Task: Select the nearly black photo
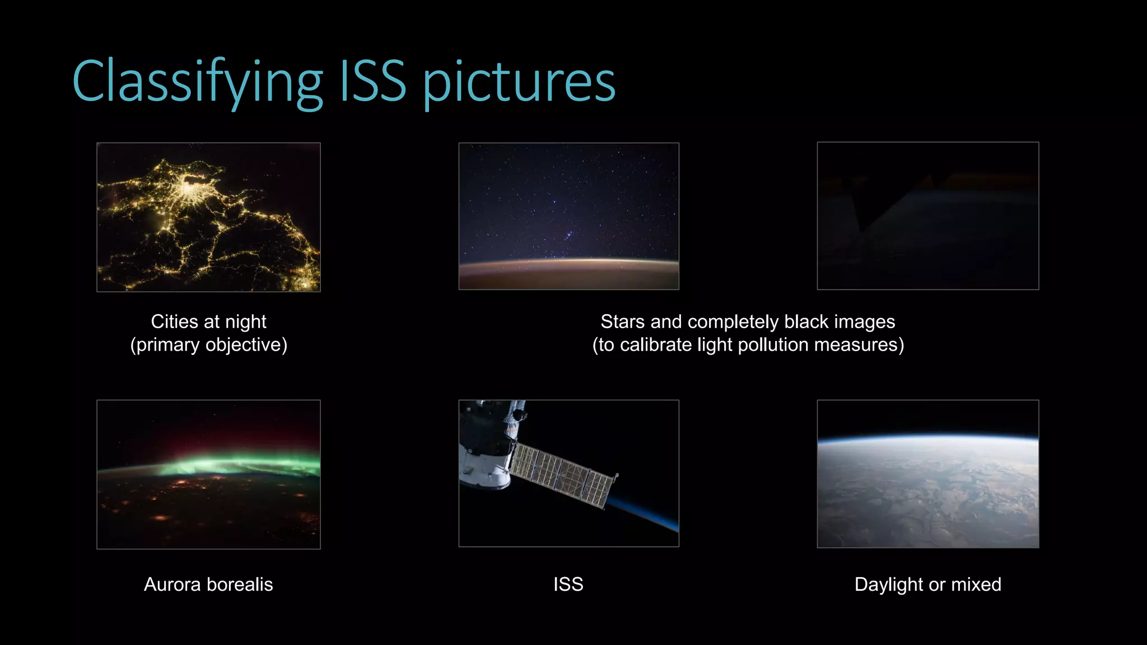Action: [927, 216]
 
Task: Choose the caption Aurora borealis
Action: [208, 585]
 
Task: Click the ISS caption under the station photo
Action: [568, 585]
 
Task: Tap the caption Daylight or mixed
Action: [927, 585]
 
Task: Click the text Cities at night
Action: [208, 322]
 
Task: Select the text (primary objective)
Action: [208, 345]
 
